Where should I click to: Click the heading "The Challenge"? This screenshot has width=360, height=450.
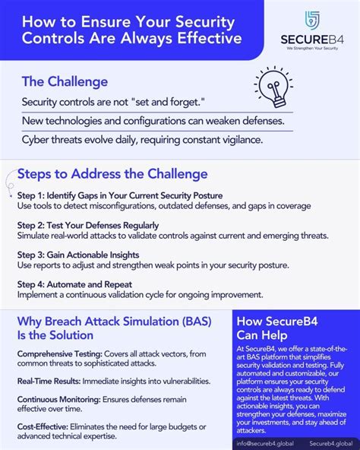(65, 81)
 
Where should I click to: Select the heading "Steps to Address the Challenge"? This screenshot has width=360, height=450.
(112, 174)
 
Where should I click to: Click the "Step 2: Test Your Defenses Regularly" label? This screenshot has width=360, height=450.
(88, 225)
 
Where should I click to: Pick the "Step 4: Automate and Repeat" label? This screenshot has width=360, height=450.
(78, 284)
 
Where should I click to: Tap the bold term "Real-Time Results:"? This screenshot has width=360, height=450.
(45, 380)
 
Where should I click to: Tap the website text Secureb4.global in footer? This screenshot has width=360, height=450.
(332, 442)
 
